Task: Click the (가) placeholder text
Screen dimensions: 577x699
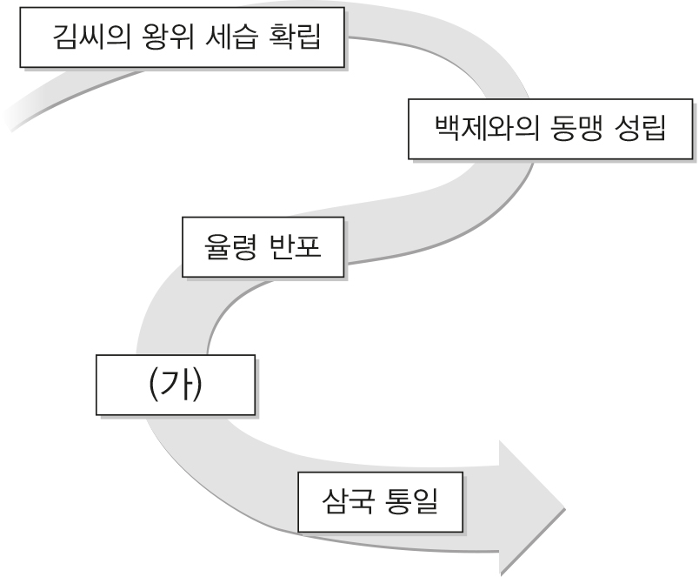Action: pos(175,383)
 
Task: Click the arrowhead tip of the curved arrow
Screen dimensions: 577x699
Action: pos(563,507)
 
